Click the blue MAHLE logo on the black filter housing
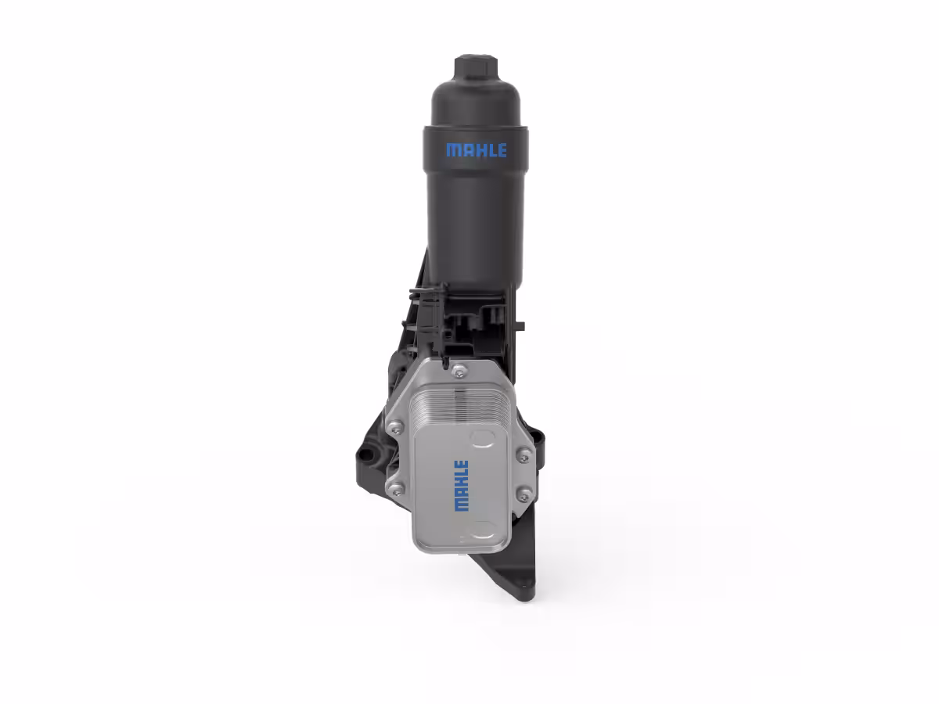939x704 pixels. (476, 150)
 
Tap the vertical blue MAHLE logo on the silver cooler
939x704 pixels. (462, 485)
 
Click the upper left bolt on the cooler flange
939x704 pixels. (396, 427)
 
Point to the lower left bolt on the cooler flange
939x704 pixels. (395, 489)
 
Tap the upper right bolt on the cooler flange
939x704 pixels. (523, 456)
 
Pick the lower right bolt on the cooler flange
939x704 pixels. (523, 494)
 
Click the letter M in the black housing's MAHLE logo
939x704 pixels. (453, 150)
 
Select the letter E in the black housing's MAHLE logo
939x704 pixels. (502, 150)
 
